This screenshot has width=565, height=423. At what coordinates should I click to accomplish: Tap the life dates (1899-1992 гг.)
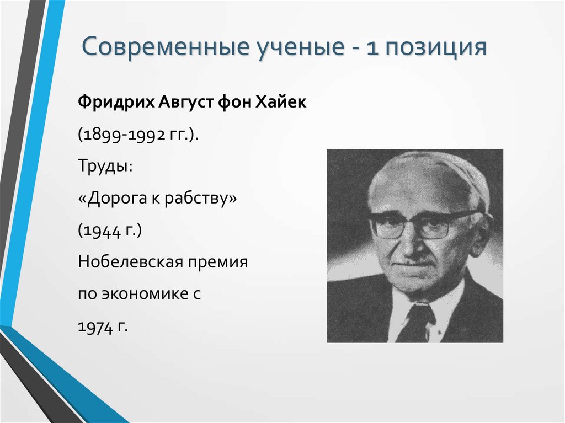[x=138, y=135]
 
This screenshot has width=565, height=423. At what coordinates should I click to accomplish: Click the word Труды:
[x=105, y=167]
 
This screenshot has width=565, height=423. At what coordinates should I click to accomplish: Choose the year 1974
[x=94, y=326]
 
